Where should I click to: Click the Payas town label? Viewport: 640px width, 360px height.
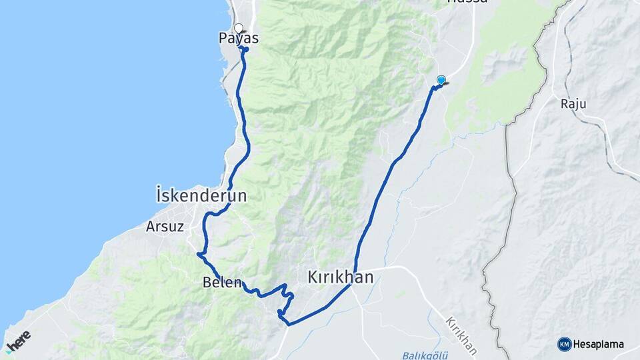[x=239, y=39]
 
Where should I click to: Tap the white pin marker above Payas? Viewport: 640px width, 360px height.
[x=239, y=28]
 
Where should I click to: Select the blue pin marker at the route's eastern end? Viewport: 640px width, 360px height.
[x=441, y=80]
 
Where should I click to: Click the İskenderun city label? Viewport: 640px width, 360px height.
[x=201, y=196]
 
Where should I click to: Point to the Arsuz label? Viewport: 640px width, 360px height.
[x=165, y=226]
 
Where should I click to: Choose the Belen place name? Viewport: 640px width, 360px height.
[x=221, y=282]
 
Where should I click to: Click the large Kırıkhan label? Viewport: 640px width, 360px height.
[x=340, y=277]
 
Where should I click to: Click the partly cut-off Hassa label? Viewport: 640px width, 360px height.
[x=467, y=2]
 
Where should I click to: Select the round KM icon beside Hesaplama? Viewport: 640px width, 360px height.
[x=564, y=344]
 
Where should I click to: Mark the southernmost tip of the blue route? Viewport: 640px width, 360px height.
[x=287, y=324]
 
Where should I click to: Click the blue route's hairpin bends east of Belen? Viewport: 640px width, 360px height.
[x=285, y=297]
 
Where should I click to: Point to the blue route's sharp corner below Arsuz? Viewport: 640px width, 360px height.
[x=198, y=253]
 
